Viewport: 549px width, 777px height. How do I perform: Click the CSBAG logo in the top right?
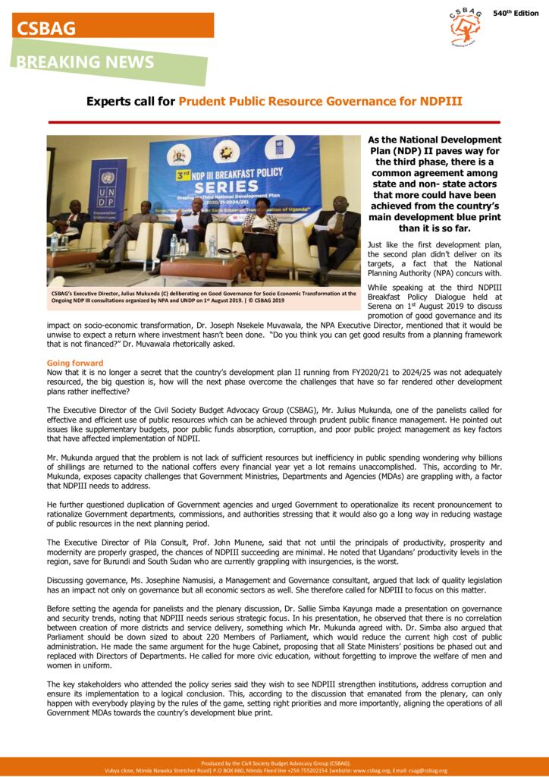pos(465,27)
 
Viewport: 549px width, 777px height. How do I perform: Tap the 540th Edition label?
pos(516,14)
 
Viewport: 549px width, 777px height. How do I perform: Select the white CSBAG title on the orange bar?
pos(47,29)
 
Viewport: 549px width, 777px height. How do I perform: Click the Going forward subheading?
pos(75,363)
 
